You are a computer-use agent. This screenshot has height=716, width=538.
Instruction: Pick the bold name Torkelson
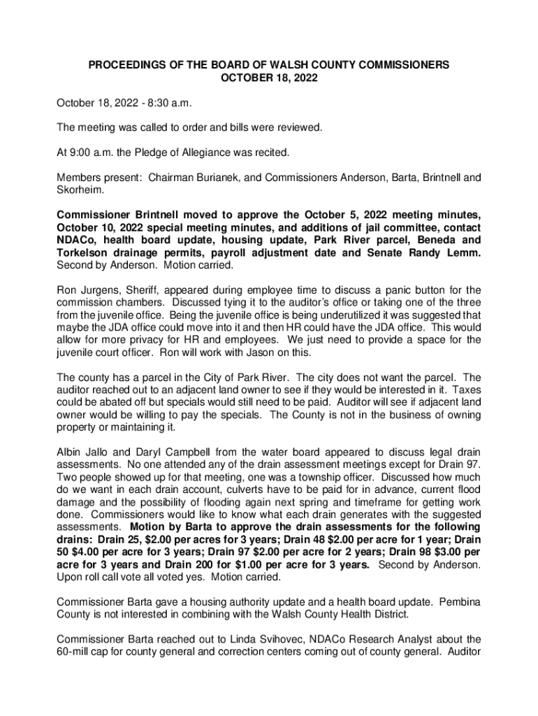pyautogui.click(x=87, y=253)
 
